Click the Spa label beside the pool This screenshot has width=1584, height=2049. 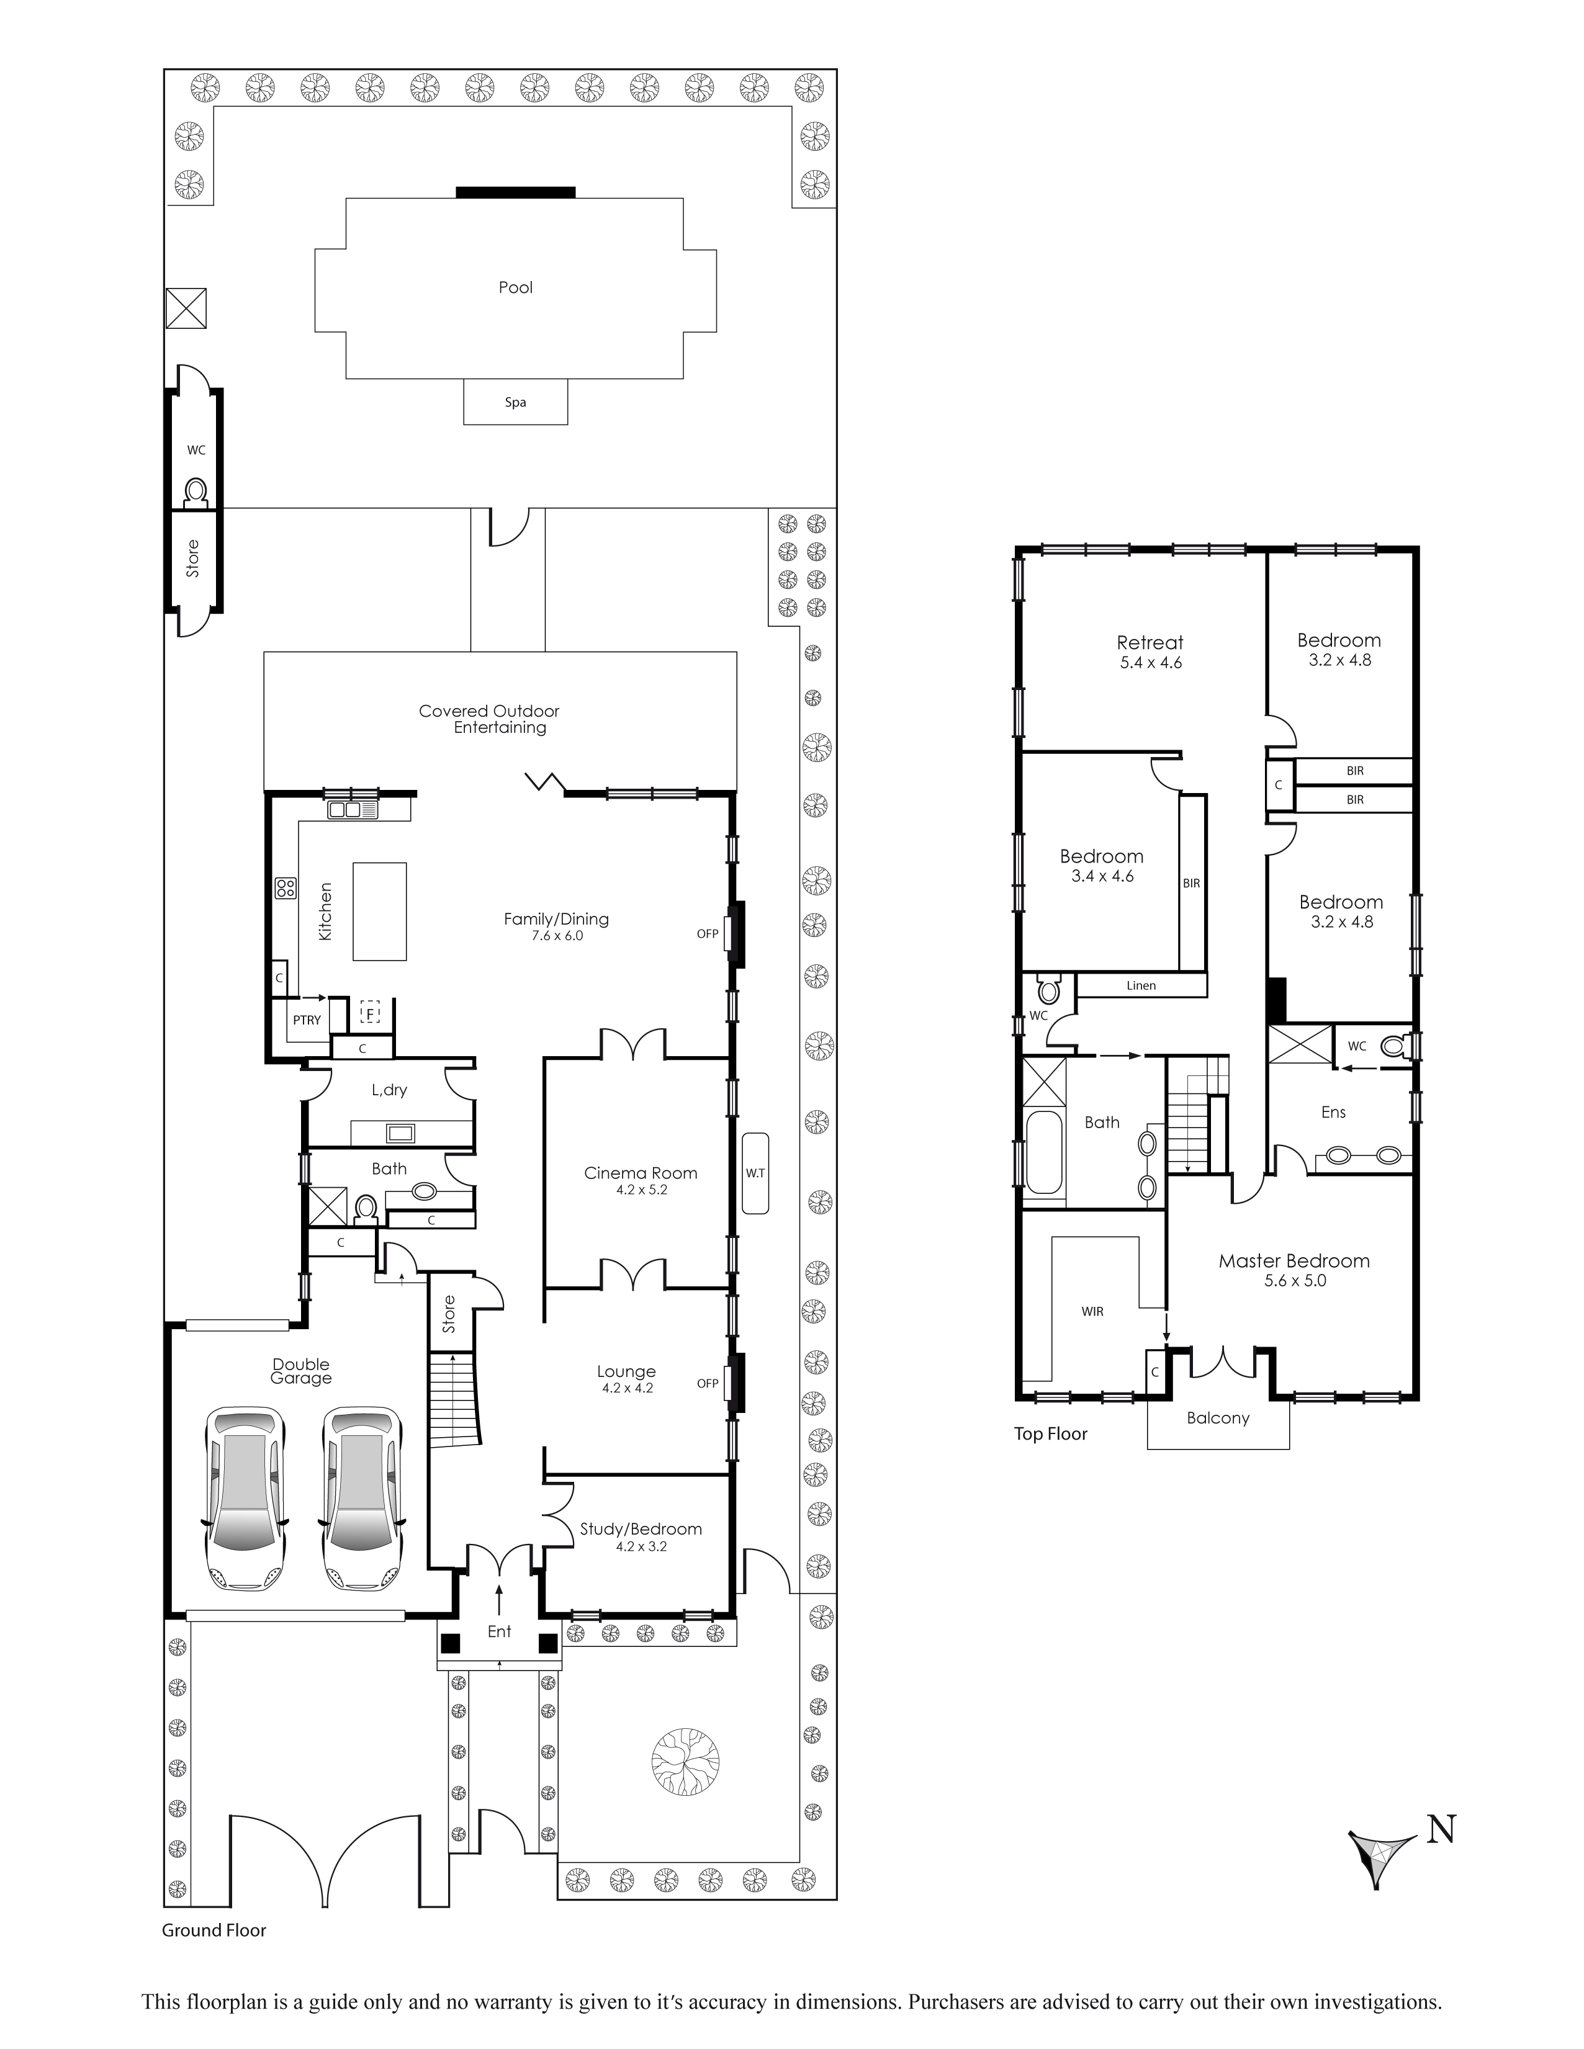(x=515, y=403)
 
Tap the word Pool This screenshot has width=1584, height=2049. (x=515, y=288)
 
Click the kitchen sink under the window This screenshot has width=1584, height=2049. (x=353, y=810)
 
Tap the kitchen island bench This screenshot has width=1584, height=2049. (x=380, y=911)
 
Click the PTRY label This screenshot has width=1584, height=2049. (x=307, y=1020)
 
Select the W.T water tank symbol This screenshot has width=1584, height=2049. (x=755, y=1173)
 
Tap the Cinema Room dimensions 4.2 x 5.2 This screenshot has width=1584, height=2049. (x=641, y=1190)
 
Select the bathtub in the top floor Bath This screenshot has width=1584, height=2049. (x=1045, y=1153)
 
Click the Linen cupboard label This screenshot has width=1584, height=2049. (x=1141, y=985)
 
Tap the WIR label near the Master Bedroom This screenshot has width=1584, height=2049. (x=1092, y=1312)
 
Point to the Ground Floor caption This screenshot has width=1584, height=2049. (x=214, y=1930)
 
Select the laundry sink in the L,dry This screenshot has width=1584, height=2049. (x=401, y=1132)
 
